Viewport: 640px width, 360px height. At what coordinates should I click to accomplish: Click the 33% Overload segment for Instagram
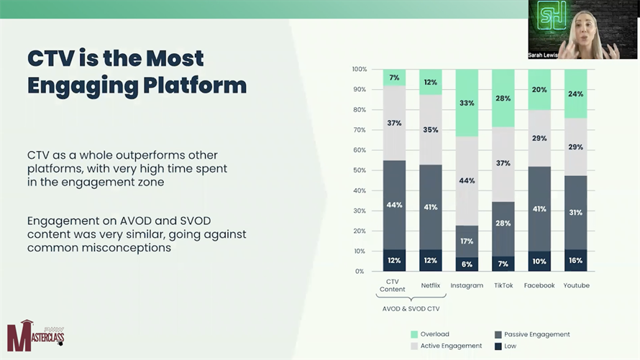point(467,103)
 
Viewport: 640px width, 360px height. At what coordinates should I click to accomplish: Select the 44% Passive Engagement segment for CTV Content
point(394,206)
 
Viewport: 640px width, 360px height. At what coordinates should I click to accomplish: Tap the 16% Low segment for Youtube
point(575,260)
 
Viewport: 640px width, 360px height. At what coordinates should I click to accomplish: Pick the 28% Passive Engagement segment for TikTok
point(503,223)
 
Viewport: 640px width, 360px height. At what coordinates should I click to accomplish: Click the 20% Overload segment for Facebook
point(539,90)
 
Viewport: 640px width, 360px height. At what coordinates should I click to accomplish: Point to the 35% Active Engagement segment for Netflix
point(431,130)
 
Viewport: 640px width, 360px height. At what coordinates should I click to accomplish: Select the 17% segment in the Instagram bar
point(467,241)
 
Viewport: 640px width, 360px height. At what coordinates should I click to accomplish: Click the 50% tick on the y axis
point(360,170)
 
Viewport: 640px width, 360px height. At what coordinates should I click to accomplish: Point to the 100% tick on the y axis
point(360,70)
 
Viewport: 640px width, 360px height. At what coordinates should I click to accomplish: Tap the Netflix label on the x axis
point(431,285)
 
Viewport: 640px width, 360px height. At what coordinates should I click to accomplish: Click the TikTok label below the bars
point(503,285)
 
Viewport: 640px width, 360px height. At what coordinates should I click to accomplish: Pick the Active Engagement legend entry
point(451,346)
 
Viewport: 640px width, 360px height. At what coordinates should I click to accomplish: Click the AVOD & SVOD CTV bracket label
point(411,308)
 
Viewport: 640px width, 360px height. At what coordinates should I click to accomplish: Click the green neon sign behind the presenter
point(553,16)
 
